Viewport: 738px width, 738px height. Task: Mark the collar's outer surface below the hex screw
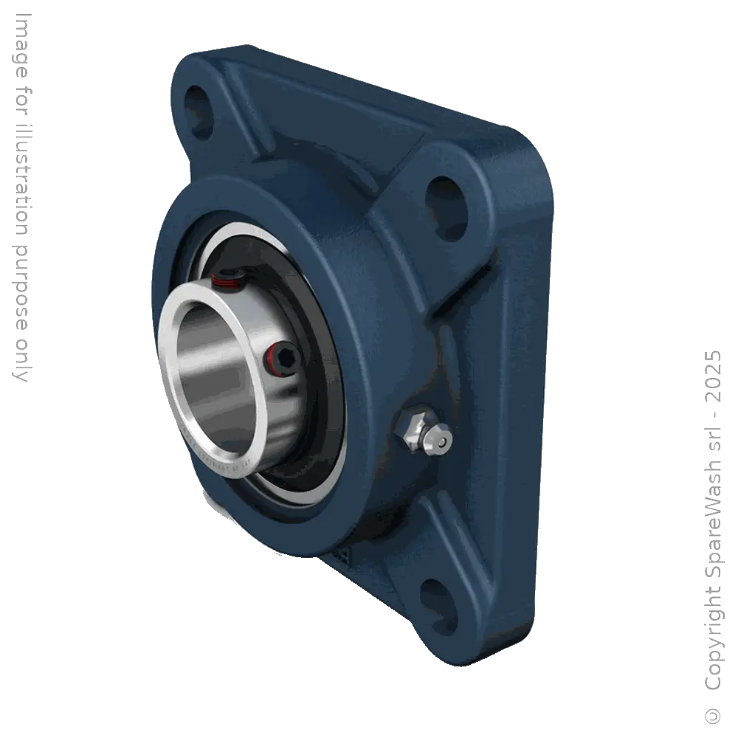point(277,413)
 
